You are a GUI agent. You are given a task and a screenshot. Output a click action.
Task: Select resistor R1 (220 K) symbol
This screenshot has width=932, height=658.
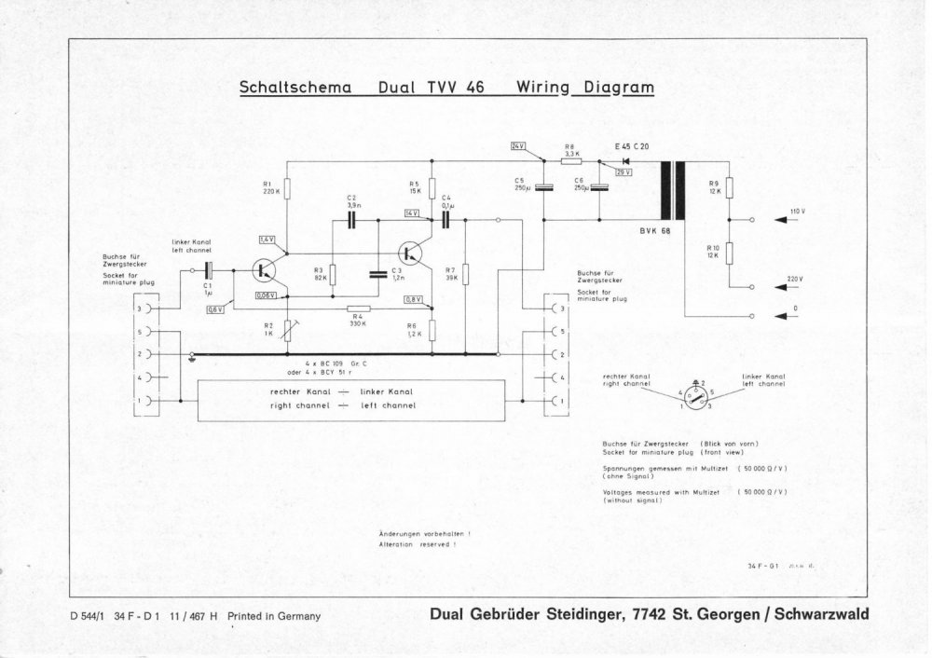287,188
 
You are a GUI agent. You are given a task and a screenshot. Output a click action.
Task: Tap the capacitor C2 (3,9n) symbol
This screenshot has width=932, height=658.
352,220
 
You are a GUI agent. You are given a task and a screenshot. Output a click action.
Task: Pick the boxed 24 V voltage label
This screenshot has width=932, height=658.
519,147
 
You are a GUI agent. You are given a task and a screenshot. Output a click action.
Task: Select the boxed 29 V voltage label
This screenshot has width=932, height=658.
624,172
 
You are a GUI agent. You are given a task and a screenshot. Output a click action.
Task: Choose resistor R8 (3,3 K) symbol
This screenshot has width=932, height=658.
571,161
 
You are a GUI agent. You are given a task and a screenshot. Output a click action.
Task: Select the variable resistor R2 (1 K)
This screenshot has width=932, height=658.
287,327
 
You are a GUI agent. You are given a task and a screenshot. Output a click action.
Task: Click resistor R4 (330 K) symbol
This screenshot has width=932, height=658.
359,308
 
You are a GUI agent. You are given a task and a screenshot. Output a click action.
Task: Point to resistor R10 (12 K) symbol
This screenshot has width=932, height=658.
730,253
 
